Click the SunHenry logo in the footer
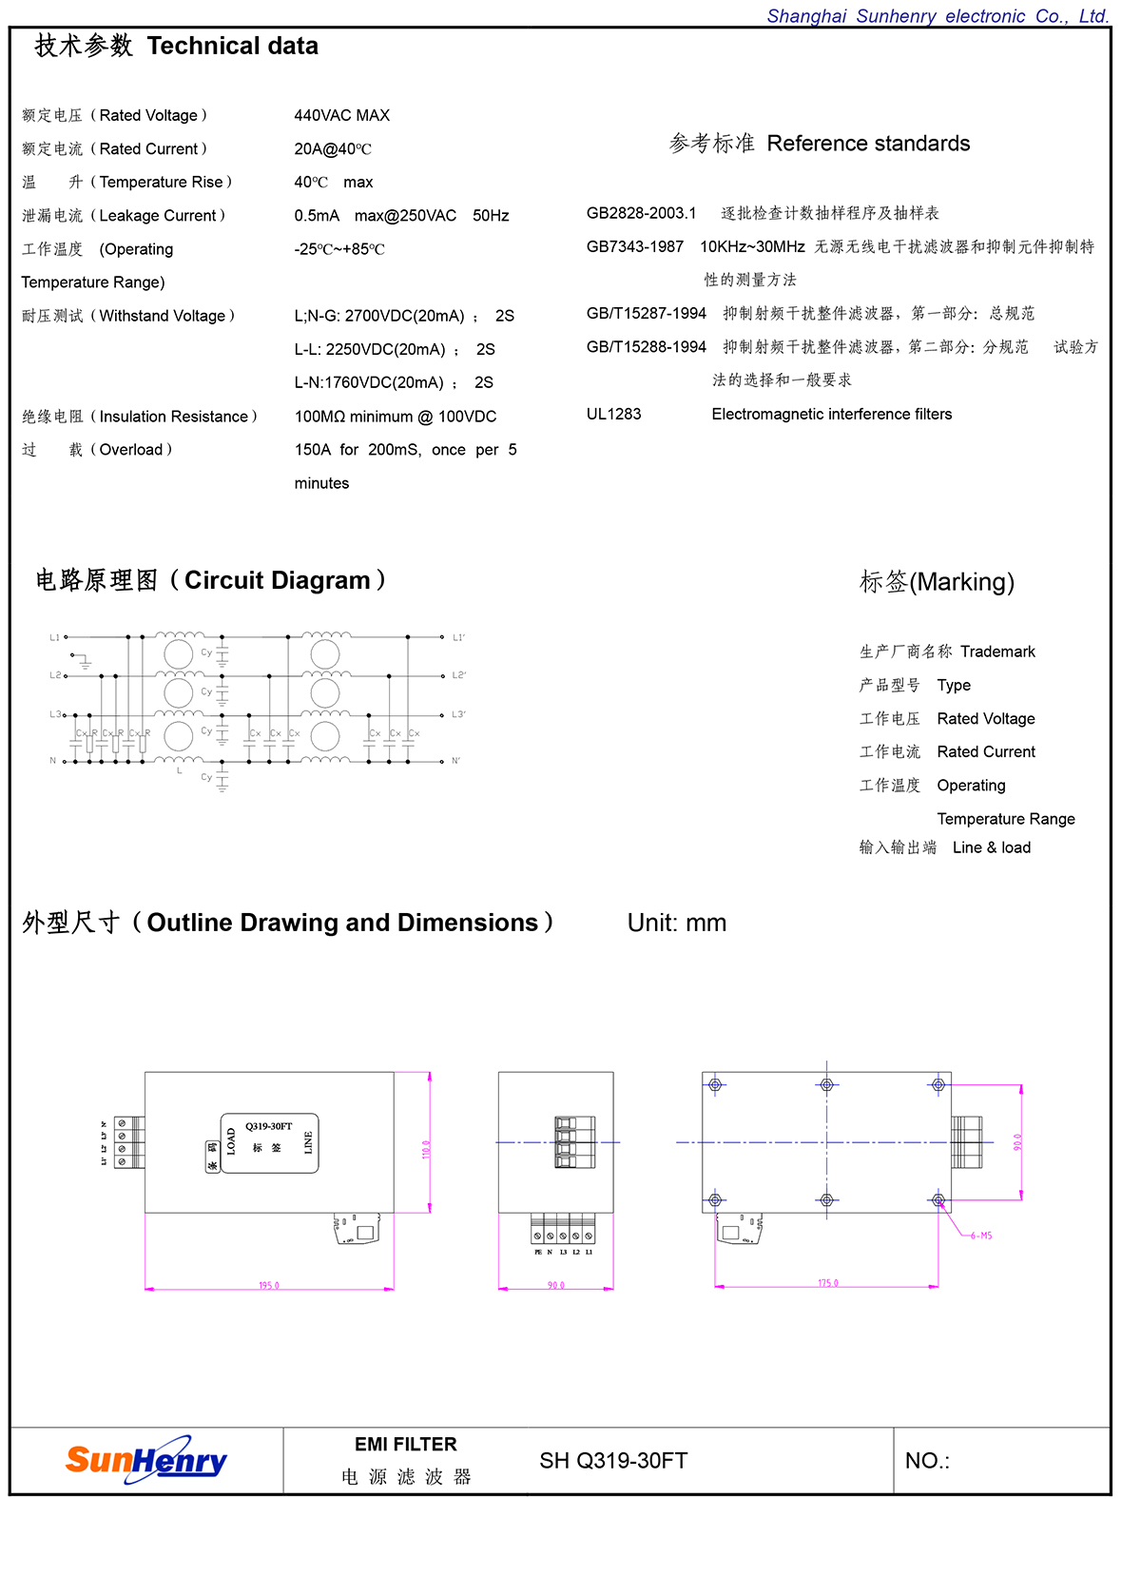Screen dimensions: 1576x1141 (x=146, y=1460)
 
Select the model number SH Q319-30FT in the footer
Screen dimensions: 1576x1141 (x=613, y=1461)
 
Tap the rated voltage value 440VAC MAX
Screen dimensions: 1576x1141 (x=342, y=115)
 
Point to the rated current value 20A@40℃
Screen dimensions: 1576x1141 (x=333, y=149)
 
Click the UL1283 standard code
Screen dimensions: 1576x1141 (x=614, y=414)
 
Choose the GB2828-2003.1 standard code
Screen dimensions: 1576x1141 (x=641, y=213)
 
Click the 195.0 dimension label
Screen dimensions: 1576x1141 (x=269, y=1285)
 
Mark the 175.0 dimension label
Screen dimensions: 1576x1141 (x=828, y=1283)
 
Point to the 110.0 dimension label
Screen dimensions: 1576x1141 (x=426, y=1149)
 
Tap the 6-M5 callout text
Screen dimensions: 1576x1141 (x=980, y=1236)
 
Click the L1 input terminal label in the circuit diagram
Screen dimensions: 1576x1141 (x=55, y=637)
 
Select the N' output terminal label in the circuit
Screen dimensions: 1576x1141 (x=456, y=761)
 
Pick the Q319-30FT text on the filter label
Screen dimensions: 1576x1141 (x=269, y=1126)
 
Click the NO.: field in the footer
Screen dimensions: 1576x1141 (x=927, y=1461)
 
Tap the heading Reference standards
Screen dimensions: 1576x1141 (x=868, y=144)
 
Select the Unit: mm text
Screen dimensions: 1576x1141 (x=677, y=923)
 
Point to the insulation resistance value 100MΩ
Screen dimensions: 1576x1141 (x=320, y=417)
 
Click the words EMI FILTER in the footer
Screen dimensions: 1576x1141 (x=406, y=1444)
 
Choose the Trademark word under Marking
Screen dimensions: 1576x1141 (x=997, y=652)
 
